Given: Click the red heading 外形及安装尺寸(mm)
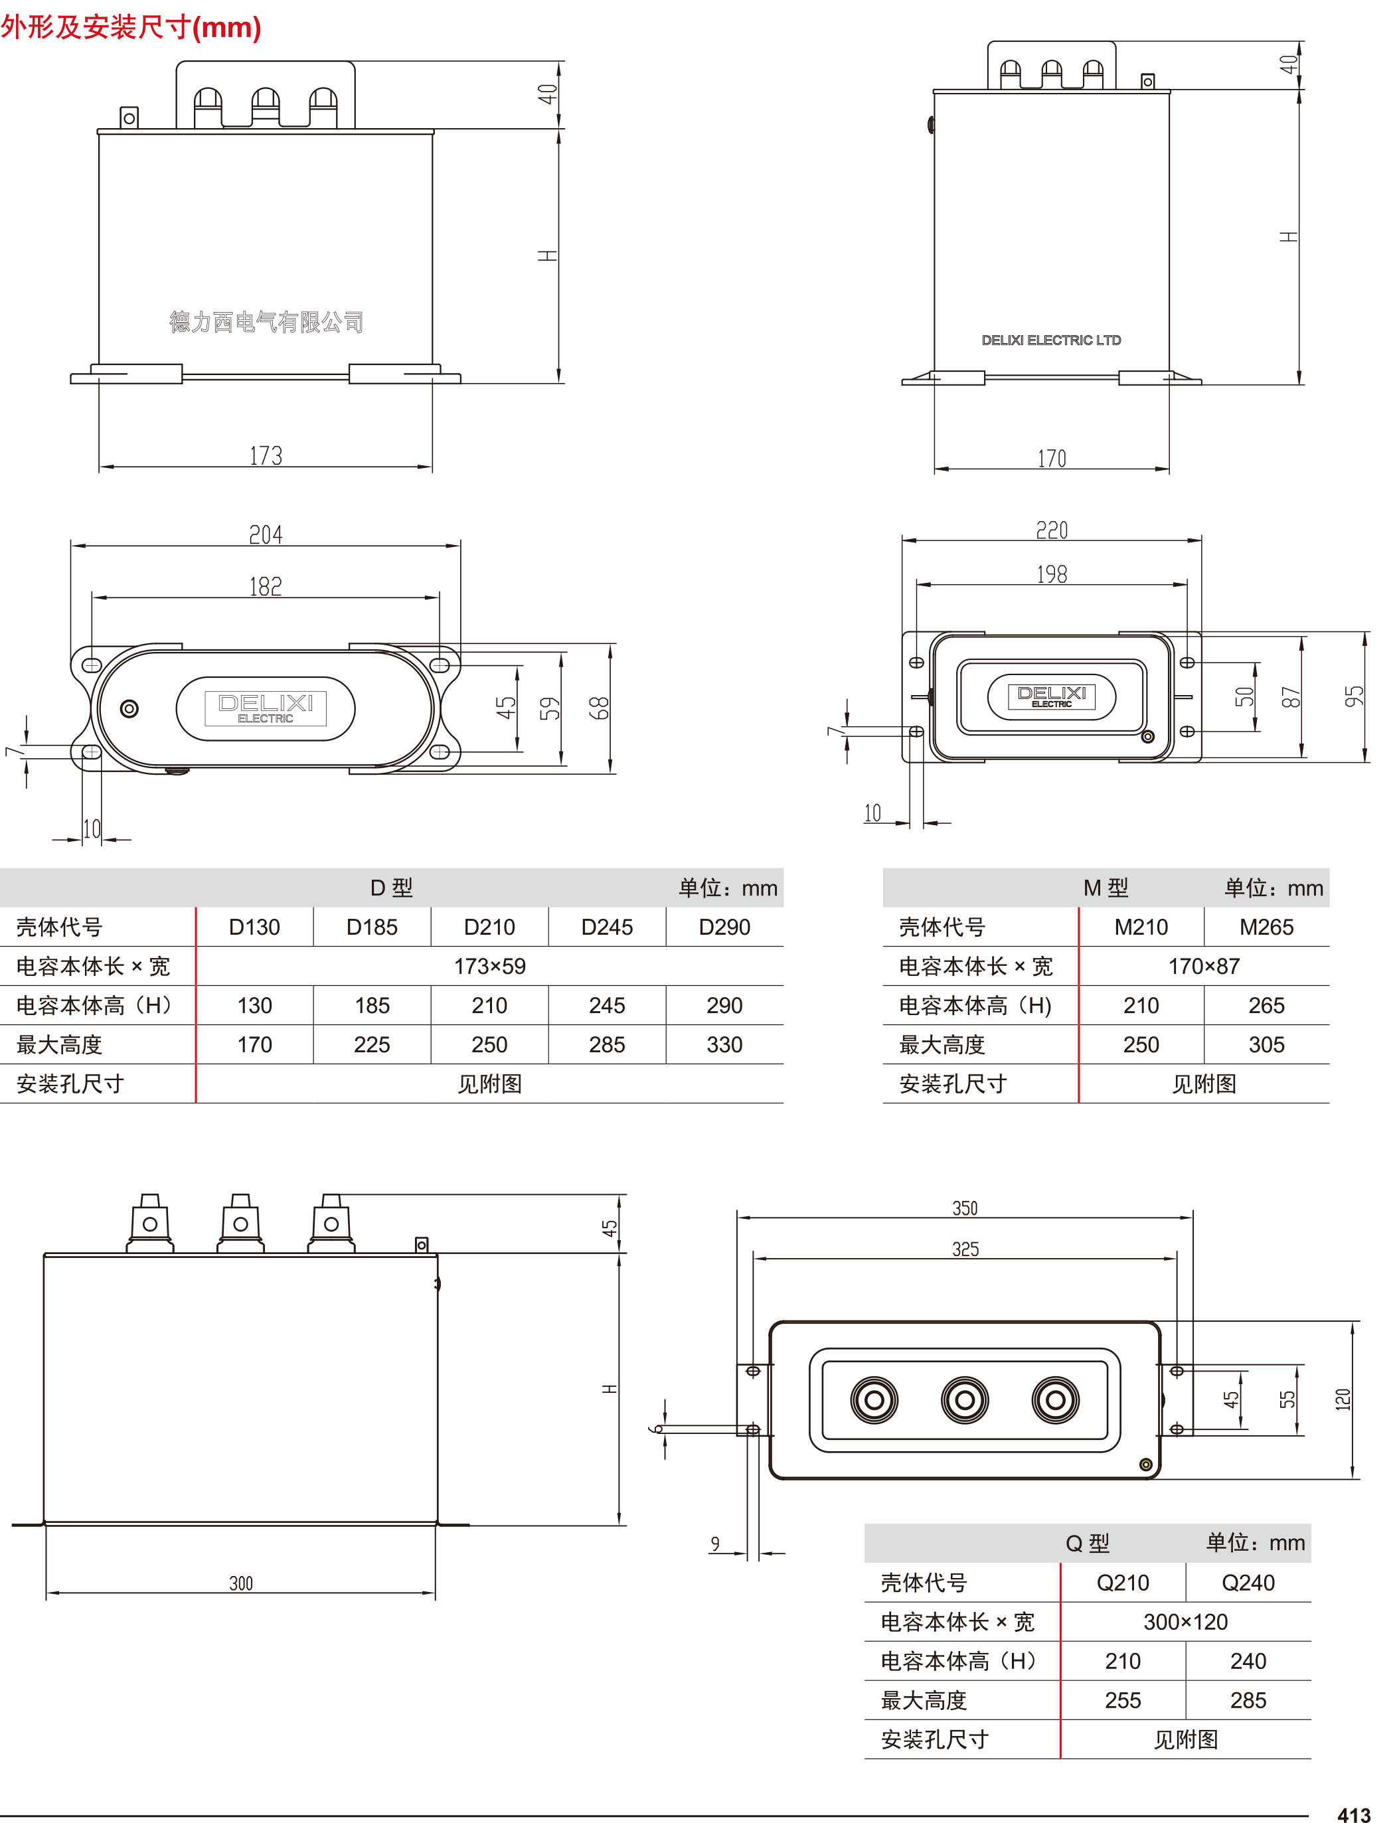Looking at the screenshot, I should [131, 27].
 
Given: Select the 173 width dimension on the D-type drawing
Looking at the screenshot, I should [266, 455].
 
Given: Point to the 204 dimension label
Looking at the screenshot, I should [266, 534].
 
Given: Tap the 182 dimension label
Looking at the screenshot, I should [266, 587].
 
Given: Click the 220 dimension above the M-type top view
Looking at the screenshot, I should [1051, 530].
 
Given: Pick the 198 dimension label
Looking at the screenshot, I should [1051, 574].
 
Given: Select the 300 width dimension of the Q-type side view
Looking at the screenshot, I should [240, 1583].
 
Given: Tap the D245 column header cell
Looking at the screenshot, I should [606, 927].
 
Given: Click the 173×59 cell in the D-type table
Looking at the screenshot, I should [489, 966].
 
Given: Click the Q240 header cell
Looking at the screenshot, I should [1248, 1583].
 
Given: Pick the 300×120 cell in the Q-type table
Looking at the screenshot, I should [1185, 1622].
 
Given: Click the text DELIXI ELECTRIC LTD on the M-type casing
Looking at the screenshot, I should [1051, 341].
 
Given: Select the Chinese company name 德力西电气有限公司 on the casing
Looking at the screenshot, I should [266, 322].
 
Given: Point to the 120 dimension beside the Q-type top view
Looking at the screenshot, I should [1343, 1399].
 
